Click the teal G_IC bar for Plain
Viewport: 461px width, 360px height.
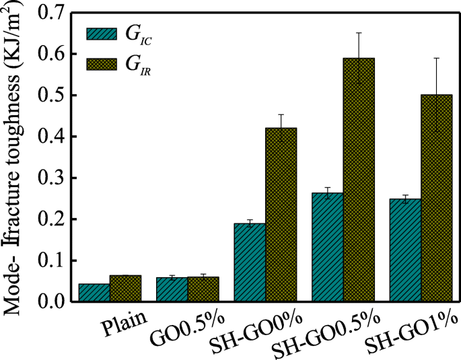94,293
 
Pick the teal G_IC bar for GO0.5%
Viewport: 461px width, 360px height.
172,290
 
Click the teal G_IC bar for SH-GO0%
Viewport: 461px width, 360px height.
249,262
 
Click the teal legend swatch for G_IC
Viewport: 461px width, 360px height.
103,36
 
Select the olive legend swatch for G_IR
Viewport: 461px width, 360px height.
103,65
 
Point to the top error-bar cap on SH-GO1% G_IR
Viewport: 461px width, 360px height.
436,59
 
